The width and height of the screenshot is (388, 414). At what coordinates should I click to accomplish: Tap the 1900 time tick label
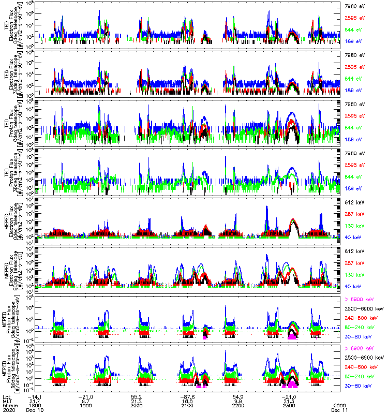86,406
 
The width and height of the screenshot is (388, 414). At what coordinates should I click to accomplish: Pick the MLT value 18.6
187,401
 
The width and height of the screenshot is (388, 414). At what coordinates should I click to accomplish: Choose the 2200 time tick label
238,406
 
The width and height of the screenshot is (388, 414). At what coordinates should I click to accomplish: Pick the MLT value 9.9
238,401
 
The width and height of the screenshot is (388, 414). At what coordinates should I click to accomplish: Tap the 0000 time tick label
340,406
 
